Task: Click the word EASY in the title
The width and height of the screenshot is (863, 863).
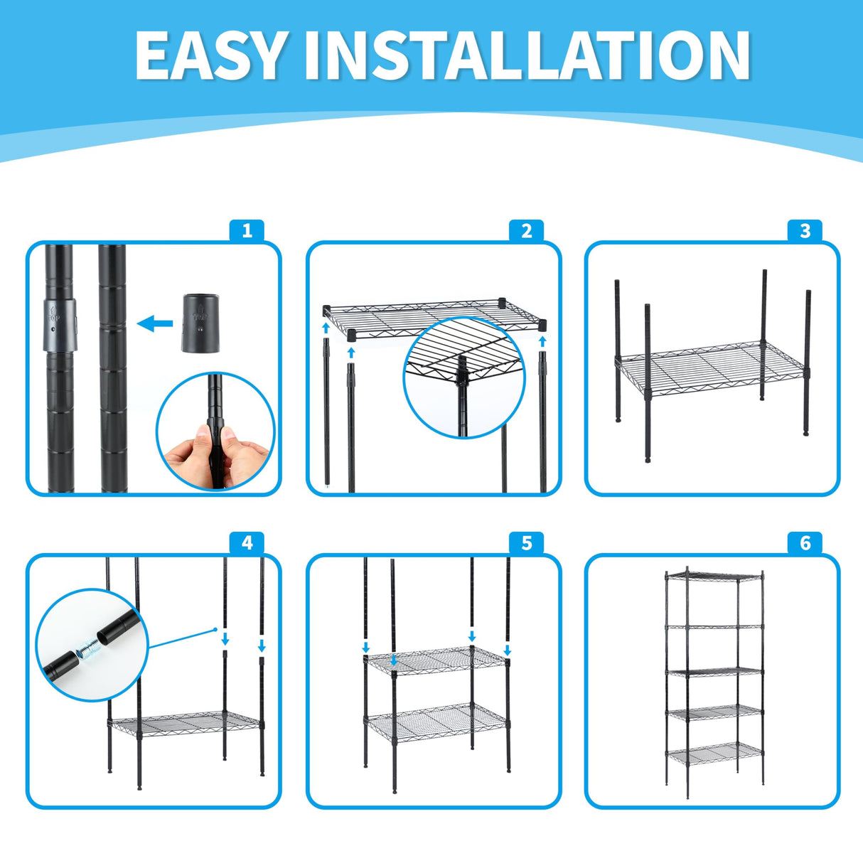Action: tap(210, 55)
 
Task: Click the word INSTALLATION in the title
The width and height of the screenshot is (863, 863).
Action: tap(527, 55)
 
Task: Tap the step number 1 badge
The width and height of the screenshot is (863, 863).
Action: tap(247, 231)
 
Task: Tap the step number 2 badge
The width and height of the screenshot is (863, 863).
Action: tap(527, 231)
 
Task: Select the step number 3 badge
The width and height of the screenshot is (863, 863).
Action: tap(805, 231)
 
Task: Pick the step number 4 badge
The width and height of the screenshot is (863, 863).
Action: tap(247, 543)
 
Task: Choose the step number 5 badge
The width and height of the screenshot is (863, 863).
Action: tap(527, 543)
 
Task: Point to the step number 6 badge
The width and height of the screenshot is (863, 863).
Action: tap(805, 543)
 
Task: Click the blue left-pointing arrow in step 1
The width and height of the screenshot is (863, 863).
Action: tap(154, 323)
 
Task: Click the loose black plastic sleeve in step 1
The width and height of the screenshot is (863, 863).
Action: tap(201, 323)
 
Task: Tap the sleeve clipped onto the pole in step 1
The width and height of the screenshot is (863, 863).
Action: tap(60, 325)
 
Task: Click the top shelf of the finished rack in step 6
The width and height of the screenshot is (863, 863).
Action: tap(714, 576)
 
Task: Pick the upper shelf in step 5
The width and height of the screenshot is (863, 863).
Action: tap(436, 661)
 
